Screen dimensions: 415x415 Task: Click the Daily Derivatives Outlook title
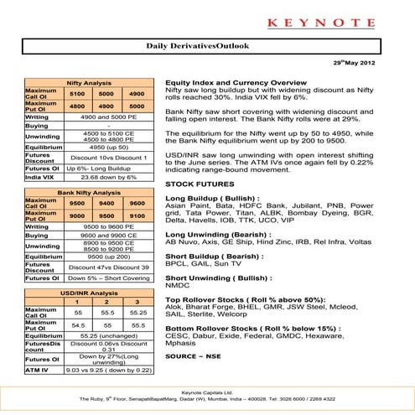click(207, 49)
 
